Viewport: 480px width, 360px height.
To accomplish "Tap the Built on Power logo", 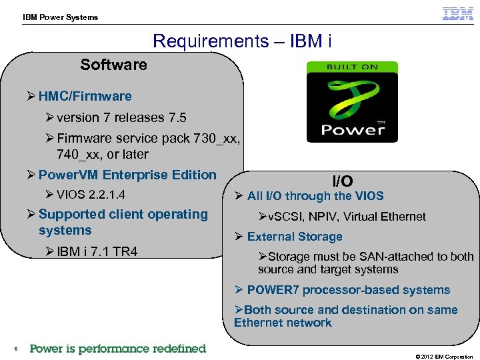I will (352, 101).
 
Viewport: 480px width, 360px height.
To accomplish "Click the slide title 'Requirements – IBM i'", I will (242, 41).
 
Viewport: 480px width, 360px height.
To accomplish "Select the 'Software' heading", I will (113, 65).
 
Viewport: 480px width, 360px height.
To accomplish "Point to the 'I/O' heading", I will (343, 181).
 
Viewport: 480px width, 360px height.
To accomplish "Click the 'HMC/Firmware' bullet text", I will (85, 96).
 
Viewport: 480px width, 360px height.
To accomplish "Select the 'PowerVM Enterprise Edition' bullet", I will (127, 175).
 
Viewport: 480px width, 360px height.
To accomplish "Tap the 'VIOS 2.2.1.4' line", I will (91, 195).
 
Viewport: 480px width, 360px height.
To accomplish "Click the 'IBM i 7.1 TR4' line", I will (97, 251).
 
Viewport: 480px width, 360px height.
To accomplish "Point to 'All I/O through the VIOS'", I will (315, 196).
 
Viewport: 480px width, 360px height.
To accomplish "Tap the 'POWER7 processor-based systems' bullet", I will (348, 290).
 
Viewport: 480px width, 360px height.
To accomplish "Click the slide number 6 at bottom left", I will (15, 349).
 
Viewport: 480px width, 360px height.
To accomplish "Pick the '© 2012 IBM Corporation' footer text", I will (444, 357).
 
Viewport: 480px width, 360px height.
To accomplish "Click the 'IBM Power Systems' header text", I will (60, 17).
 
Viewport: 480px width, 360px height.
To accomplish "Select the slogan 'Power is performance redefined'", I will (118, 349).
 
